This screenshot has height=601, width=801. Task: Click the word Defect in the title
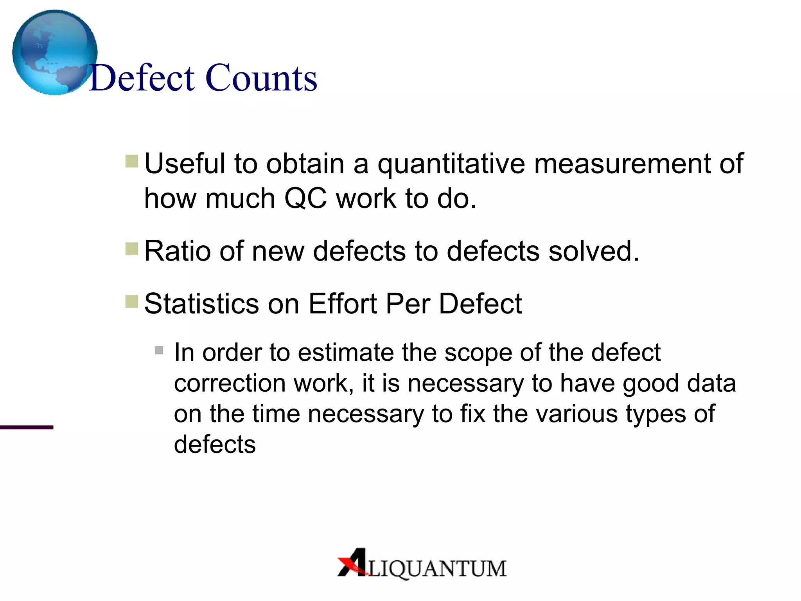click(142, 78)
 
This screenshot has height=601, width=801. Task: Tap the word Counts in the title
click(261, 78)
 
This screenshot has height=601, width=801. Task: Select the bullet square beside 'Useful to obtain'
click(132, 161)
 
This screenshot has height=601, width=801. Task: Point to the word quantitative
click(451, 164)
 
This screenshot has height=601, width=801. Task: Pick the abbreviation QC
click(305, 198)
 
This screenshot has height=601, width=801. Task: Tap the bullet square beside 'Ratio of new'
click(132, 249)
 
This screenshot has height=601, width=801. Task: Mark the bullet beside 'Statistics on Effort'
click(132, 302)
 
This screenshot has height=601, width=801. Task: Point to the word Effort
click(343, 304)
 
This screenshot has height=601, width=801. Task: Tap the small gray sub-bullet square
click(159, 350)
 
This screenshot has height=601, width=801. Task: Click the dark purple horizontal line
click(26, 427)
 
